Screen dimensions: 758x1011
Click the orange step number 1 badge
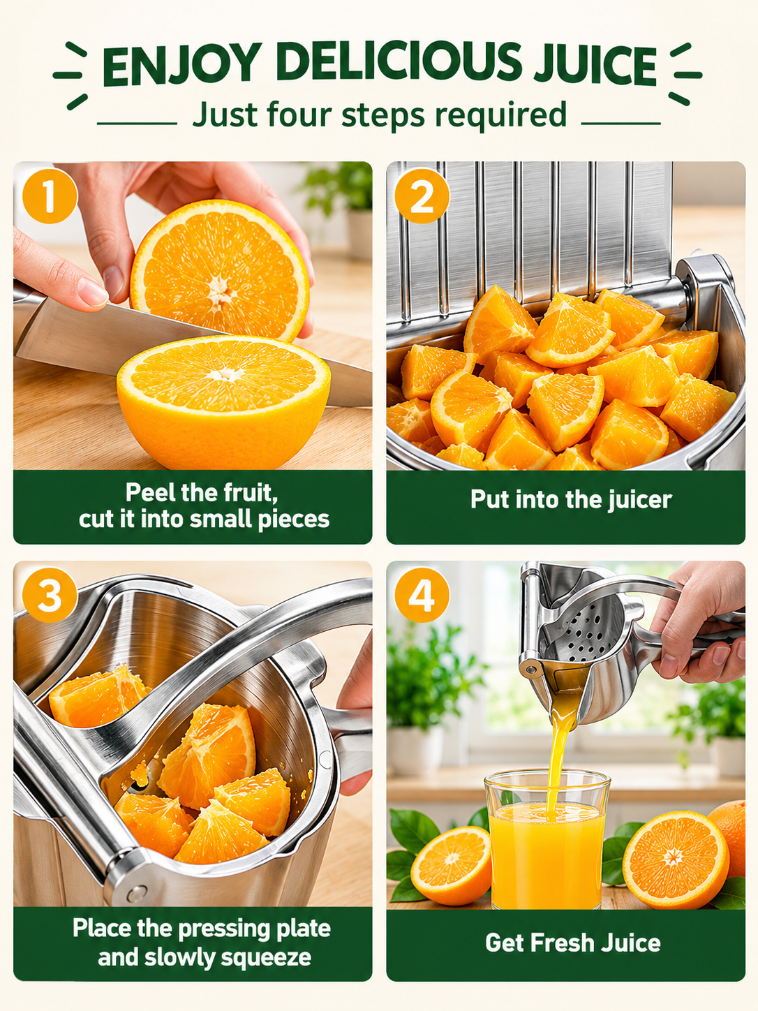50,196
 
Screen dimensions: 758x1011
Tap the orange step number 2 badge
422,196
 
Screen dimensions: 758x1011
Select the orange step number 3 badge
50,596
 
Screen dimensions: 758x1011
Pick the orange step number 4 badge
422,596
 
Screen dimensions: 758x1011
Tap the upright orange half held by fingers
220,270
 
